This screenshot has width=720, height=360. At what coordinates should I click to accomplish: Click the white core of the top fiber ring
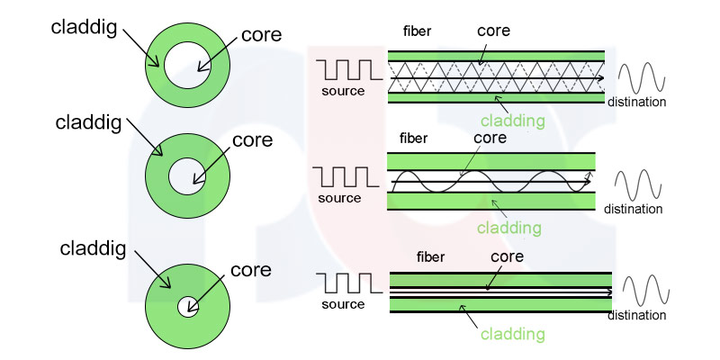coord(187,65)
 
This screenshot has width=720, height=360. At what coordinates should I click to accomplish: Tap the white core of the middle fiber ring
coord(187,176)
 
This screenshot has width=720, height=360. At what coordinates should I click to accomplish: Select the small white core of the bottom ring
coord(188,306)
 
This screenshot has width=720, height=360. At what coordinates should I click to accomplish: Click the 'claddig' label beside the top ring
coord(84,28)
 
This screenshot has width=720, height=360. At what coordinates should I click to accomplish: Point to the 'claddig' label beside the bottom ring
coord(93,249)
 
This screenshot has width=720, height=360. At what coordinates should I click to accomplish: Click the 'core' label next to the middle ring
coord(253,140)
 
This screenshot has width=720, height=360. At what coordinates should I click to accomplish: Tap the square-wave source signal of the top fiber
coord(349,70)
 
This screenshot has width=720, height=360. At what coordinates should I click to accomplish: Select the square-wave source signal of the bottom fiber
coord(350,283)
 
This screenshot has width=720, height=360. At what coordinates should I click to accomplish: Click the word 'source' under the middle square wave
coord(339,198)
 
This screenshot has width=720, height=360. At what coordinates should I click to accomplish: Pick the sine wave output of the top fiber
coord(642,77)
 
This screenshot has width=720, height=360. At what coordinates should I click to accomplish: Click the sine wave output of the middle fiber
coord(638,185)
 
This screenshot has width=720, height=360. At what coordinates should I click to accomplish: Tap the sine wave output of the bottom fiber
coord(646,291)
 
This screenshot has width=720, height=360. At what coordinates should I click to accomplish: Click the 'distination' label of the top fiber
coord(637,102)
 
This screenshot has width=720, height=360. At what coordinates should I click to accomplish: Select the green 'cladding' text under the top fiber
coord(512,121)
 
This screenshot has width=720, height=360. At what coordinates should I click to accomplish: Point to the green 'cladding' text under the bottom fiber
coord(512,334)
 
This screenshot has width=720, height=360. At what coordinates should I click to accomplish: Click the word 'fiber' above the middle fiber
coord(414,138)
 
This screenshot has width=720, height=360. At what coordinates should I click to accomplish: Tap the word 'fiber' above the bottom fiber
coord(431,257)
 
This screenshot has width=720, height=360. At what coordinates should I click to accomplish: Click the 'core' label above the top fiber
coord(493,31)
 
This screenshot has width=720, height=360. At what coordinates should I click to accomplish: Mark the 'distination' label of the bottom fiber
coord(637,316)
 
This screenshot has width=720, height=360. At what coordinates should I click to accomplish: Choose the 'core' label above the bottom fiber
coord(507,256)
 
